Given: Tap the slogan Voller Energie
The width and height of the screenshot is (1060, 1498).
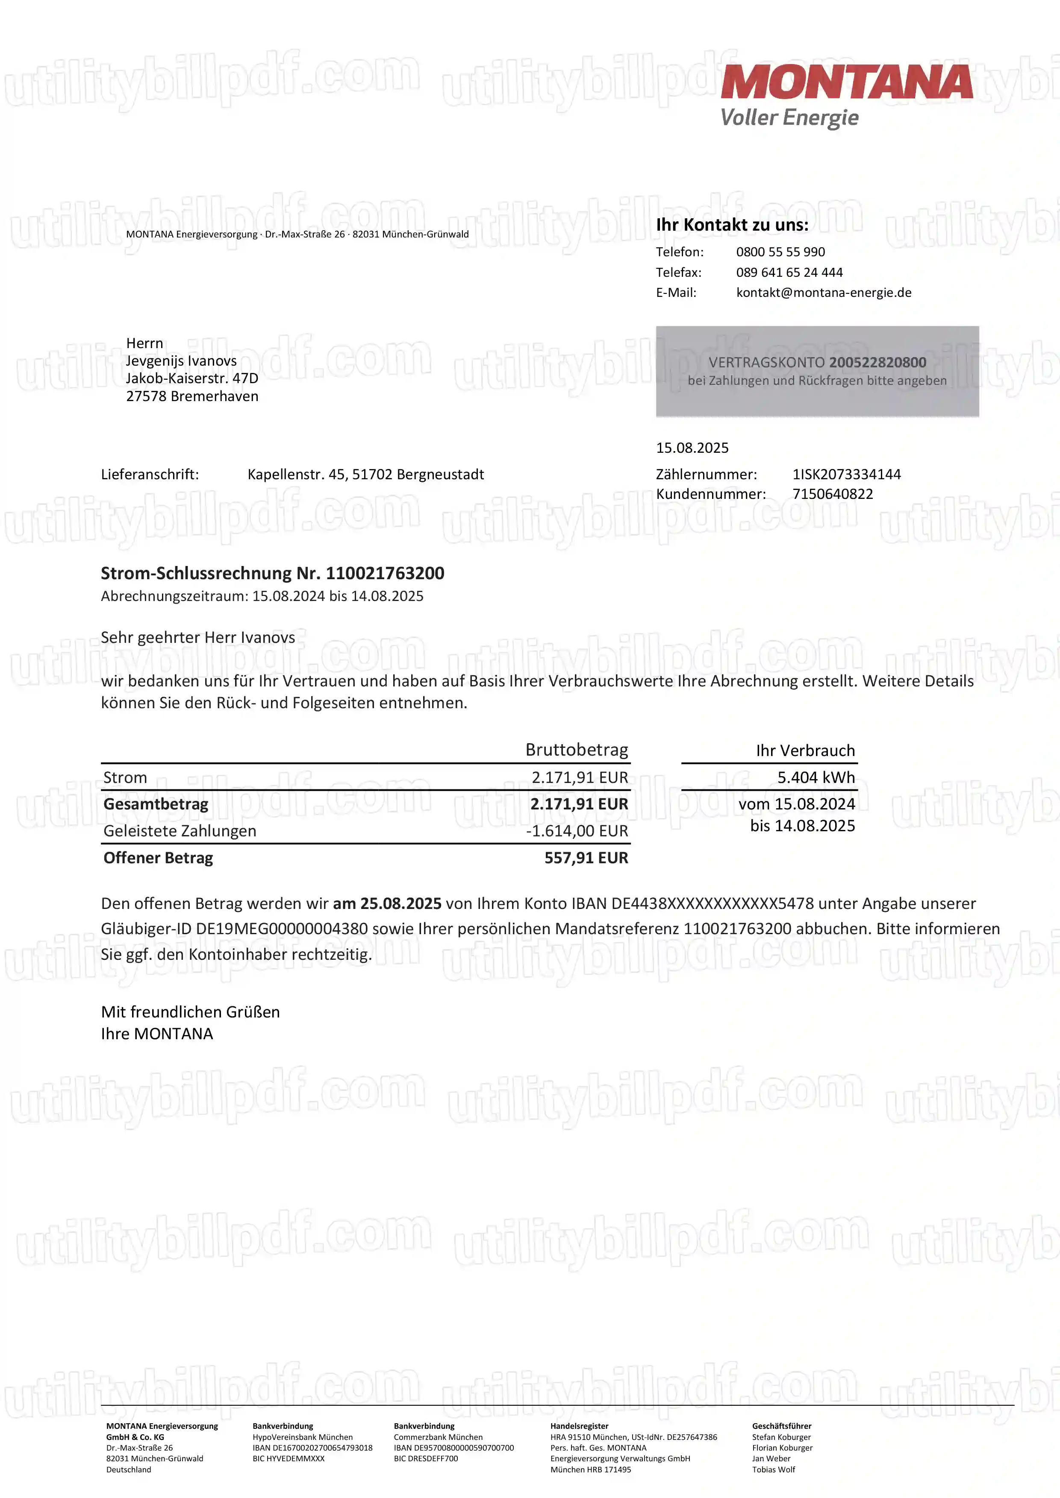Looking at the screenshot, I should (789, 118).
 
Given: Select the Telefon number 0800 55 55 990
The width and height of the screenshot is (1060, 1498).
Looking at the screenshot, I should (780, 252).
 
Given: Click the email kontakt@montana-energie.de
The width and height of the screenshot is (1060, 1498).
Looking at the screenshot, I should (824, 292).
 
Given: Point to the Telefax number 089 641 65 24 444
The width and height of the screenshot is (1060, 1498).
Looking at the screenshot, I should (789, 272).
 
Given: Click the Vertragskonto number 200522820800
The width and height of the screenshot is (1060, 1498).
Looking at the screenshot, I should (877, 362).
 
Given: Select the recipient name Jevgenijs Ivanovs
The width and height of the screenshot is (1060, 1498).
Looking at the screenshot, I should (182, 361).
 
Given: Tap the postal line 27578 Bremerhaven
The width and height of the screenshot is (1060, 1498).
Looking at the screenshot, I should (192, 396).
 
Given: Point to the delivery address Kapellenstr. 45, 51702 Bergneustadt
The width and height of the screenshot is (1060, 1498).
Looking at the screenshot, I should (365, 474).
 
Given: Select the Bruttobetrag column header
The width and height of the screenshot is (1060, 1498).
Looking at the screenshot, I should (576, 750).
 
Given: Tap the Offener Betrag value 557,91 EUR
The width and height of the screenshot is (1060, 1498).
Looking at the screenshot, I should (586, 858).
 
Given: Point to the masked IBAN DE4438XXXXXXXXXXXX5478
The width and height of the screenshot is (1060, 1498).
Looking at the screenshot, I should (712, 904).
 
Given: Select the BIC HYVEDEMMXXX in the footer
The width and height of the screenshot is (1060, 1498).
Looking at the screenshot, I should (289, 1458).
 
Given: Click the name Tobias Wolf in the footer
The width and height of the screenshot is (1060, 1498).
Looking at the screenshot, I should (774, 1469).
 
